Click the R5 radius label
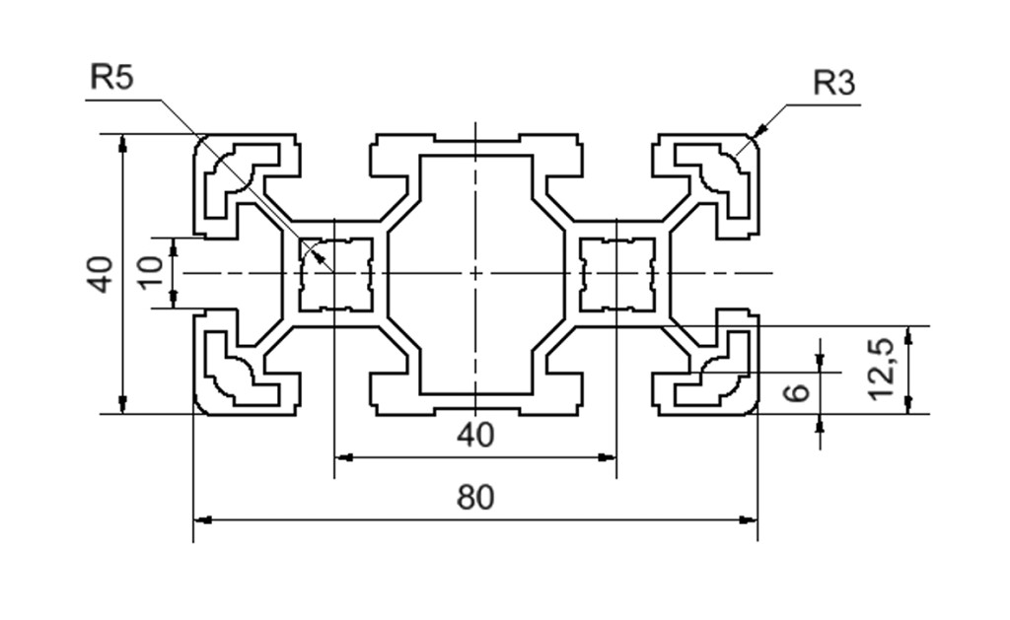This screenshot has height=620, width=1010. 111,77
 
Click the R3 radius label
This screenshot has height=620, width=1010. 833,84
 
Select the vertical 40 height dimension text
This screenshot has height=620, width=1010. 100,273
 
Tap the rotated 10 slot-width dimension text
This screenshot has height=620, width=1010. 149,273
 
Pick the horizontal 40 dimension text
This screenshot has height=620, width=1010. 475,435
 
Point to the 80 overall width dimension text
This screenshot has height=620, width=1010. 475,498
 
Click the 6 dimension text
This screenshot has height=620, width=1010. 797,392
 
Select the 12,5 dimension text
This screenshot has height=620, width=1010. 881,369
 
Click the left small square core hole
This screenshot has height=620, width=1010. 334,273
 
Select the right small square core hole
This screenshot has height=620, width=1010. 615,273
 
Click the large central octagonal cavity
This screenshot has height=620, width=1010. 475,273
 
